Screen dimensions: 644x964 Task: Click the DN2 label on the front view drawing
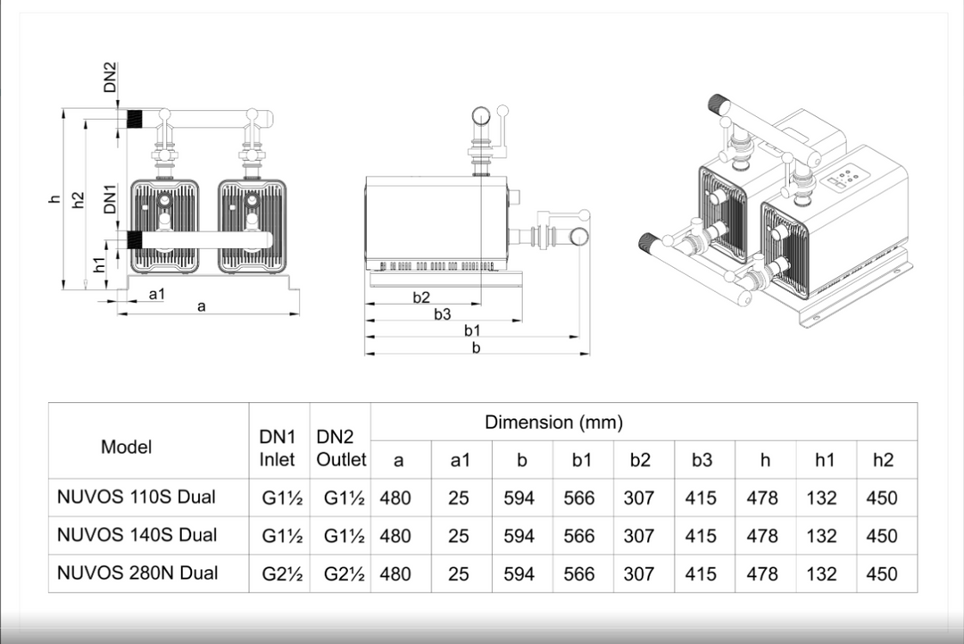click(x=110, y=78)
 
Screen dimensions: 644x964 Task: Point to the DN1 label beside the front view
click(x=110, y=198)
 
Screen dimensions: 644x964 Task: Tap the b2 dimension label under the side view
click(x=421, y=297)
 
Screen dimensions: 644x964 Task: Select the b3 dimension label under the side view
click(x=443, y=314)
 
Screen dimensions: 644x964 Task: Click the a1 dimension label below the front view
click(x=156, y=293)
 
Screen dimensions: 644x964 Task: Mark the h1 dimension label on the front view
click(x=100, y=263)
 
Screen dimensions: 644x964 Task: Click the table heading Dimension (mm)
click(x=553, y=422)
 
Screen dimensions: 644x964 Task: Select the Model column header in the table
click(x=126, y=447)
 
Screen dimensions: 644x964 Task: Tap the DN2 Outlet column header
click(x=340, y=448)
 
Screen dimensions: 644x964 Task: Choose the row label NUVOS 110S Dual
click(x=137, y=497)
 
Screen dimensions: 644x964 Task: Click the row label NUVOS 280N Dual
click(x=137, y=573)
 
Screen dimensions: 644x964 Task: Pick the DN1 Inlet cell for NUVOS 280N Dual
click(x=282, y=573)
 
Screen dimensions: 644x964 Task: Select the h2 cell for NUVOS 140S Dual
click(x=881, y=536)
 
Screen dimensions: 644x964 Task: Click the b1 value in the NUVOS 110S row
click(x=578, y=498)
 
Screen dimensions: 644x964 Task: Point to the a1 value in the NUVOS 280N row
click(x=458, y=573)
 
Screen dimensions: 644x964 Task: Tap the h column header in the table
click(x=765, y=460)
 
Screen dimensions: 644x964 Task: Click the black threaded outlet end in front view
click(x=137, y=117)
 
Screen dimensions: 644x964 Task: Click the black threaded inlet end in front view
click(x=137, y=238)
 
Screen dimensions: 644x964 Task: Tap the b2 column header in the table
click(x=639, y=460)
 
